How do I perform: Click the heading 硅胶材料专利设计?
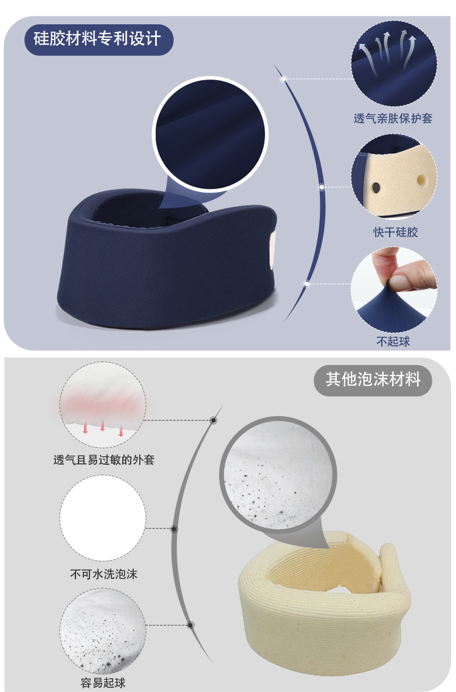tap(97, 39)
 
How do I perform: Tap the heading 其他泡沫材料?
tap(373, 380)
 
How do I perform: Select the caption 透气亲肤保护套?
tap(393, 118)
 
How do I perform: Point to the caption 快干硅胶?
tap(395, 232)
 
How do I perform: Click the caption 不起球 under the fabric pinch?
tap(393, 341)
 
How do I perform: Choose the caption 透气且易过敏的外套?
tap(104, 460)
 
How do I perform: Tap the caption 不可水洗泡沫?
tap(104, 574)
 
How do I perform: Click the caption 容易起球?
tap(103, 683)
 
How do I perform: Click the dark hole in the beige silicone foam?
tap(376, 188)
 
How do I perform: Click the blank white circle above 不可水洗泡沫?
tap(103, 518)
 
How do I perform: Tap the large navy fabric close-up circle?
tap(210, 134)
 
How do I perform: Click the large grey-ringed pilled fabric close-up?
tap(278, 474)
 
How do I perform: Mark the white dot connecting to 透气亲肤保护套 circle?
tap(284, 79)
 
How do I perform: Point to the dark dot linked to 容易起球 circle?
tap(190, 625)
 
